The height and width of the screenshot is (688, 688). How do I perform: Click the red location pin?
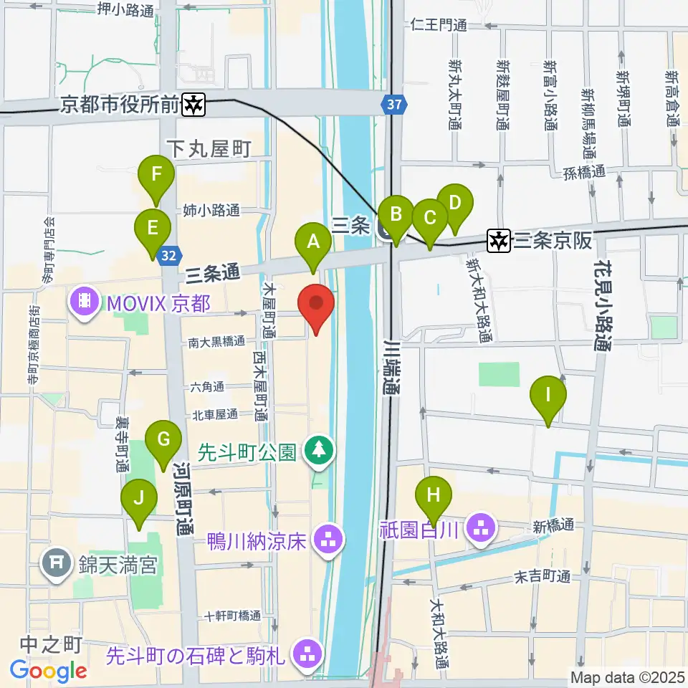[x=316, y=305]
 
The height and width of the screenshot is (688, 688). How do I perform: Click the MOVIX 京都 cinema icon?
[x=85, y=301]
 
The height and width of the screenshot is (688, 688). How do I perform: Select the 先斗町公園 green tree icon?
[x=317, y=451]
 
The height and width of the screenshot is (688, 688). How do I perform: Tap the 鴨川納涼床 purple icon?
[x=330, y=539]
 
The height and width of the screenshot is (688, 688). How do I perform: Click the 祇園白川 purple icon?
[x=479, y=530]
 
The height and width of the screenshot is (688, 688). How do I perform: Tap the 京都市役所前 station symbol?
[x=193, y=105]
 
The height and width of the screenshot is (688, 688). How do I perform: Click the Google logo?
[x=49, y=671]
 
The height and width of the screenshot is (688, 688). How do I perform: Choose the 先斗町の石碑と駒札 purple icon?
[x=309, y=653]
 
